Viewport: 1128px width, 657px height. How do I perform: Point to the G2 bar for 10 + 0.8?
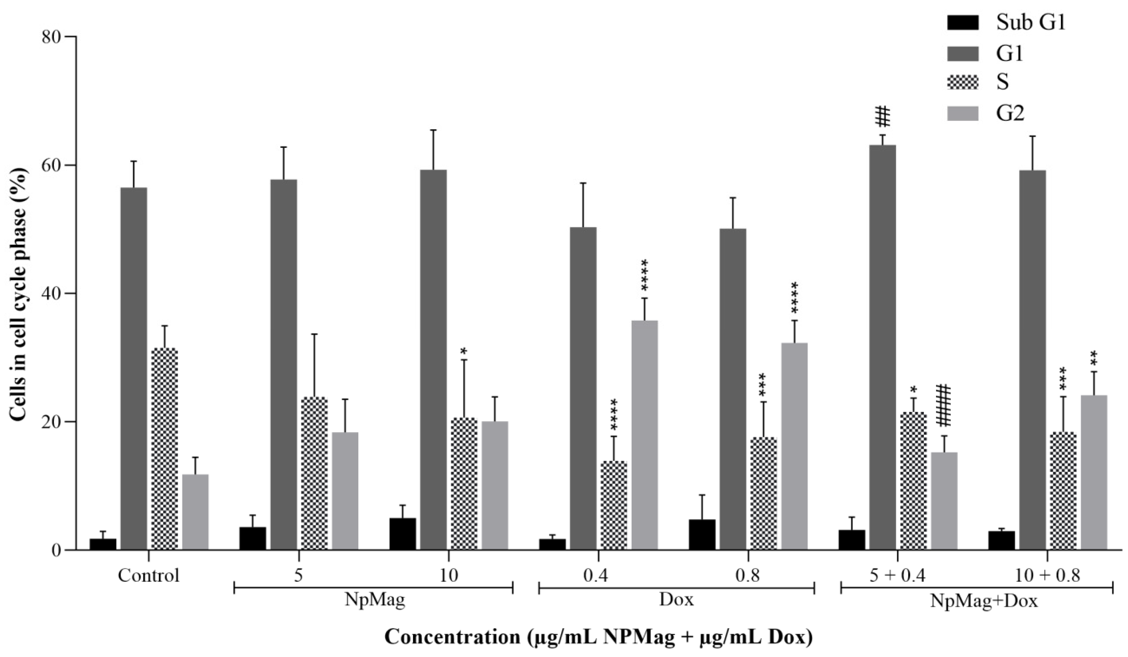pos(1094,472)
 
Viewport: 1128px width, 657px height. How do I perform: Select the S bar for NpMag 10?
pos(464,484)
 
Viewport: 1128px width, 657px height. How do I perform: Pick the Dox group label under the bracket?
pos(676,600)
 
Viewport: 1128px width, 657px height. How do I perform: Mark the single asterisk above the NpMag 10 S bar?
pos(464,350)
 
